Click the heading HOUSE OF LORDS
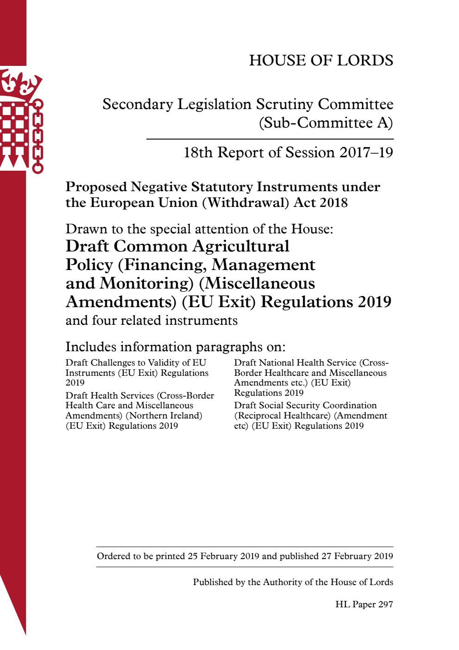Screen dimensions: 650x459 [321, 60]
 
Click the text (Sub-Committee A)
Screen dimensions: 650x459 [326, 123]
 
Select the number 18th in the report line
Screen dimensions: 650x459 [198, 153]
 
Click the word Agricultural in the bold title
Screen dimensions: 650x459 [241, 246]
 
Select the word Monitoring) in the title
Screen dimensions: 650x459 [147, 283]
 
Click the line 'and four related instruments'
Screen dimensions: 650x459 [151, 321]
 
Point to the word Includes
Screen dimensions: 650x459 [91, 347]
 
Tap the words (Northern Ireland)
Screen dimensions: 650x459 [164, 416]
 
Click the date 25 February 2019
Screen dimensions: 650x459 [223, 556]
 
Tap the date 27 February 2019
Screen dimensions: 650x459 [357, 556]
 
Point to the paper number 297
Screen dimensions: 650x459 [385, 605]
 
